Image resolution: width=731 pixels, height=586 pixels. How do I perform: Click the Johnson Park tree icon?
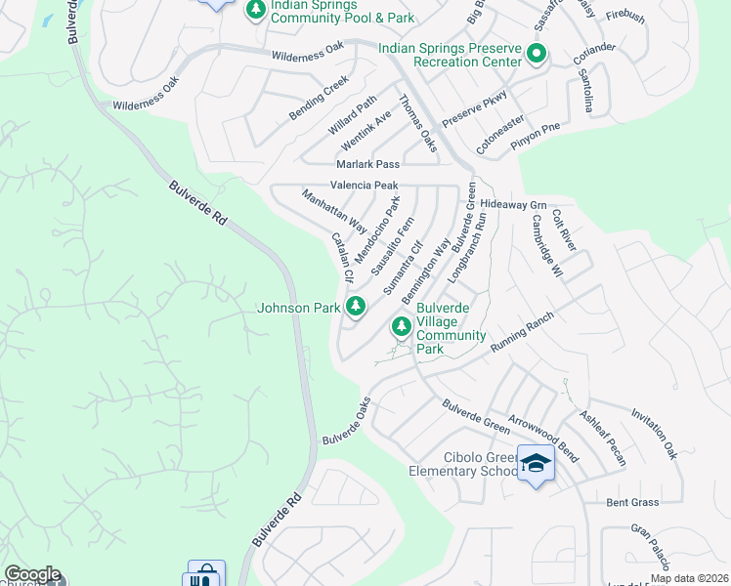tap(357, 308)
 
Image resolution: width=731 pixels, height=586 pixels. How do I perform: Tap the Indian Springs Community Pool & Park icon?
tap(255, 10)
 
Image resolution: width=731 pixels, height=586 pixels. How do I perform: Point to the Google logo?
tap(31, 575)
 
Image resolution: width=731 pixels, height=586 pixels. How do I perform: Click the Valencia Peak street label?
tap(365, 185)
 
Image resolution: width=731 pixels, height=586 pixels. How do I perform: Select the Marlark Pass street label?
tap(367, 164)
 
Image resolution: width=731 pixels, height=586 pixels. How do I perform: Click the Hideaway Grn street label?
tap(512, 205)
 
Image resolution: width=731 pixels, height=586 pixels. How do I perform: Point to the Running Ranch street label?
tap(522, 334)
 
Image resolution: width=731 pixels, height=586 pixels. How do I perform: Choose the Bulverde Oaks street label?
tap(347, 422)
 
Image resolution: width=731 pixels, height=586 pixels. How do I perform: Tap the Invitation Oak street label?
tap(654, 434)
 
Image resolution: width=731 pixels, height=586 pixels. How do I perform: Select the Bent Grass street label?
tap(631, 502)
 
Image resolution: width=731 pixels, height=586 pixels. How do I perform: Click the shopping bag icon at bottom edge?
tap(205, 576)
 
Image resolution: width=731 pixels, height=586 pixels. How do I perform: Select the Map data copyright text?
tap(689, 578)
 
